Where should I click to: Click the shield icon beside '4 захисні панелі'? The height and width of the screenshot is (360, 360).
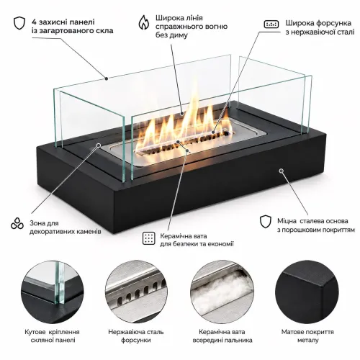(x=19, y=23)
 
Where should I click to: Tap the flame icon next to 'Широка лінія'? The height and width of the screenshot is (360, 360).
(x=144, y=22)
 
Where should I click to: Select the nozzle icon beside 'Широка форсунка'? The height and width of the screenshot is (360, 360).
(x=271, y=24)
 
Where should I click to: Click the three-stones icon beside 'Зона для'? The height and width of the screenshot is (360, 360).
(x=17, y=223)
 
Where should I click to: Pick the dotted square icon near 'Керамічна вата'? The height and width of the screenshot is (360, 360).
(x=149, y=238)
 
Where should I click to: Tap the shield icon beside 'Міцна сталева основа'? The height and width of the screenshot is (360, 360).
(x=266, y=222)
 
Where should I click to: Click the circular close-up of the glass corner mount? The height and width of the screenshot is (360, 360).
(x=53, y=292)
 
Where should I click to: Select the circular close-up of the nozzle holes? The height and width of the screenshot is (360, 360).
(x=136, y=292)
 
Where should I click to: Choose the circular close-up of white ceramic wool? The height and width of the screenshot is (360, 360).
(x=222, y=292)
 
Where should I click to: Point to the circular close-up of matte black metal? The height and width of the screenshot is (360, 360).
(x=307, y=292)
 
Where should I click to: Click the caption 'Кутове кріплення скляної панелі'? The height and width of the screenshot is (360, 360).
(x=53, y=336)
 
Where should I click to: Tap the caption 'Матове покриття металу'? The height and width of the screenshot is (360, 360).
(x=307, y=336)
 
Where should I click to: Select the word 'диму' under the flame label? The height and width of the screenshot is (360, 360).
(x=178, y=35)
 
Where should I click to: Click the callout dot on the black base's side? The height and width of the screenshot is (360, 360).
(x=281, y=171)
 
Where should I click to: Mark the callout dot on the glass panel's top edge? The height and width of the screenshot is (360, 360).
(x=107, y=78)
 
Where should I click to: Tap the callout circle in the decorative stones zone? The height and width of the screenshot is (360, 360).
(x=99, y=145)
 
